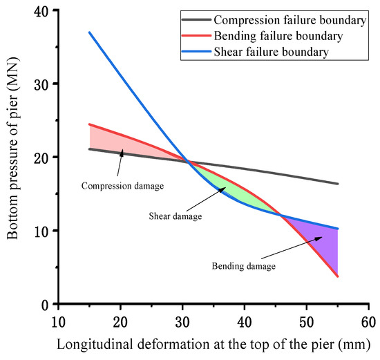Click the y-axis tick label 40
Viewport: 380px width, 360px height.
(42, 10)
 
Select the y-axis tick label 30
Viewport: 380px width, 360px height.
(42, 84)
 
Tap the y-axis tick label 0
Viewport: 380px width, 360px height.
(46, 304)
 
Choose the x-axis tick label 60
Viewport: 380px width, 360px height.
(368, 321)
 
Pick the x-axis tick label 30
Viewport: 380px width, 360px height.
(182, 321)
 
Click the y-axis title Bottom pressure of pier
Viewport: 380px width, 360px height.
(15, 158)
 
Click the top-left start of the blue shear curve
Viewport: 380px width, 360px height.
(90, 32)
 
